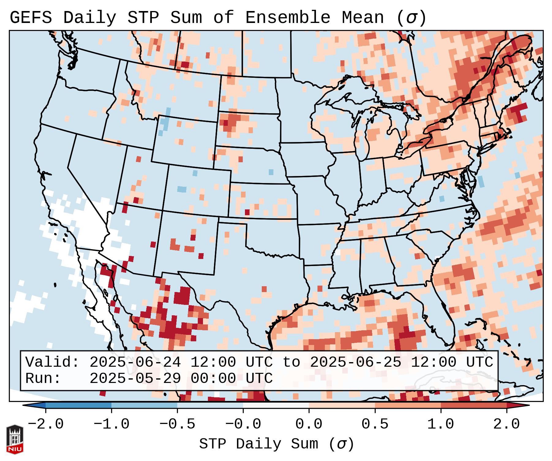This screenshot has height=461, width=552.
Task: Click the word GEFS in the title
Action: [31, 18]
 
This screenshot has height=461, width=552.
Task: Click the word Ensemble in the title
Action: [287, 18]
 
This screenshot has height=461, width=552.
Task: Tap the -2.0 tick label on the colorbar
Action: [46, 424]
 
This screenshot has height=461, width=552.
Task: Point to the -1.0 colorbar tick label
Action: [111, 424]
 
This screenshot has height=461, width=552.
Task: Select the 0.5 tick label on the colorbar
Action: [375, 424]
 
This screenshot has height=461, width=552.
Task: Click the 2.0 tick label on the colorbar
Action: [507, 424]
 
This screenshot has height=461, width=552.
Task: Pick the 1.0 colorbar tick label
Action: [441, 424]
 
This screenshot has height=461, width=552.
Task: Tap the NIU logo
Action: [15, 439]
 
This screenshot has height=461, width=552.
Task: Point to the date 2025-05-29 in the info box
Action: [135, 379]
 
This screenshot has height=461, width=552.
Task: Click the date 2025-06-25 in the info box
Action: [355, 362]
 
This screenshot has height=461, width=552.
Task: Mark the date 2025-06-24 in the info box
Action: [135, 362]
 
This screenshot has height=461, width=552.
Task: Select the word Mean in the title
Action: [362, 18]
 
